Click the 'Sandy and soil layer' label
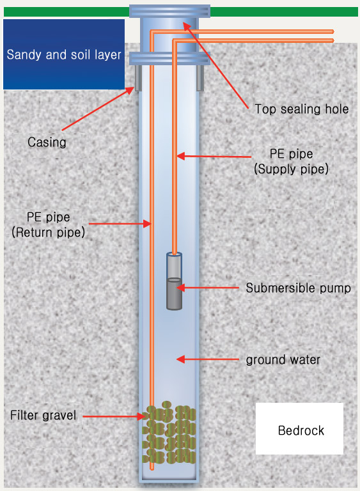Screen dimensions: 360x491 pyautogui.click(x=64, y=54)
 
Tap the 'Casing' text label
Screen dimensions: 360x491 pyautogui.click(x=47, y=142)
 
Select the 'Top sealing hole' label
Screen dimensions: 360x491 pyautogui.click(x=301, y=109)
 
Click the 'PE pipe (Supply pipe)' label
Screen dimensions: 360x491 pyautogui.click(x=291, y=161)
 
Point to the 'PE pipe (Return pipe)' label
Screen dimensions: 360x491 pyautogui.click(x=48, y=224)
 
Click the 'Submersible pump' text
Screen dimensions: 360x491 pyautogui.click(x=298, y=288)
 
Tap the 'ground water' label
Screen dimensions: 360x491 pyautogui.click(x=283, y=360)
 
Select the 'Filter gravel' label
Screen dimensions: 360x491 pyautogui.click(x=43, y=415)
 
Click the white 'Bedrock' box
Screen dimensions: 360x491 pyautogui.click(x=299, y=428)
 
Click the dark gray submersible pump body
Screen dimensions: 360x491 pyautogui.click(x=174, y=293)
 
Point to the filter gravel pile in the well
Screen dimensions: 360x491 pyautogui.click(x=169, y=433)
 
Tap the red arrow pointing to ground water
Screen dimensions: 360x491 pyautogui.click(x=207, y=359)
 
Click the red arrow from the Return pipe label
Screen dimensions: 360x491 pyautogui.click(x=120, y=224)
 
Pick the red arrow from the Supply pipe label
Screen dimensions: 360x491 pyautogui.click(x=214, y=156)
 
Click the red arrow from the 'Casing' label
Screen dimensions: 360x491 pyautogui.click(x=98, y=108)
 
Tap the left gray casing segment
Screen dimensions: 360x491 pyautogui.click(x=138, y=78)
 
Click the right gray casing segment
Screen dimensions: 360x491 pyautogui.click(x=200, y=78)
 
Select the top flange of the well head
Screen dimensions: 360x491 pyautogui.click(x=169, y=12)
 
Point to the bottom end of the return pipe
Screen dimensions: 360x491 pyautogui.click(x=152, y=469)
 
